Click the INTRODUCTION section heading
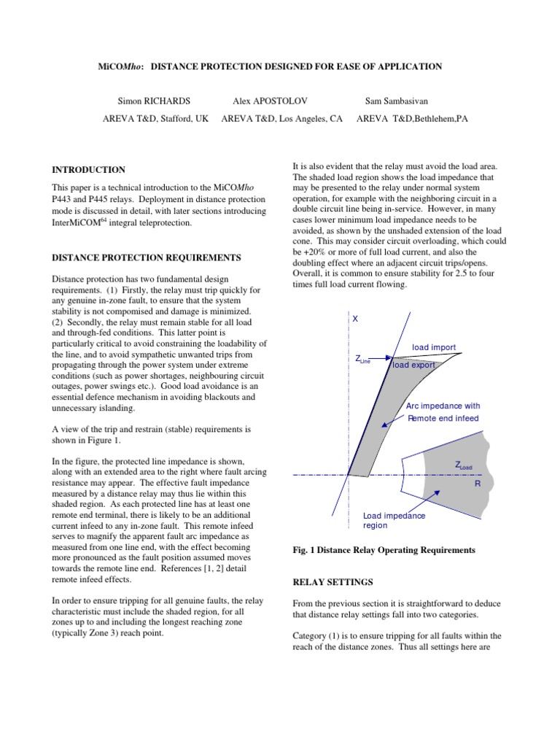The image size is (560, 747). [88, 169]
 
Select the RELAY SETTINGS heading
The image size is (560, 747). [333, 581]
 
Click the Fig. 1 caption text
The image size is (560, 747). [384, 549]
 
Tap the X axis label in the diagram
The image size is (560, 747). [355, 320]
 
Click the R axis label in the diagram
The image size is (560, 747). [478, 483]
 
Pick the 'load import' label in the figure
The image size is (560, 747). [434, 347]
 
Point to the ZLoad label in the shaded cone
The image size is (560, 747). [464, 465]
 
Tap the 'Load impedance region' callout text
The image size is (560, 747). [394, 520]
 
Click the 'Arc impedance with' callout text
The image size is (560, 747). [443, 406]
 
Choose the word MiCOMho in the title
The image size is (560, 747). [120, 66]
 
